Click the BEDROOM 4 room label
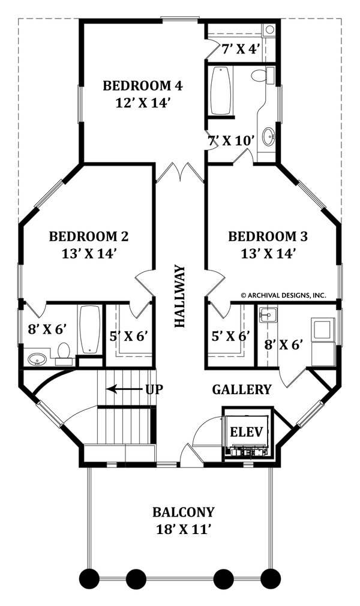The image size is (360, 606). point(142,85)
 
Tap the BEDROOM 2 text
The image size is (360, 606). point(88,236)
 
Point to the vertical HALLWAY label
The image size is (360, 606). point(180,296)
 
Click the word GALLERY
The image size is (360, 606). point(242,389)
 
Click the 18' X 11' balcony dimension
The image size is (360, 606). point(182,529)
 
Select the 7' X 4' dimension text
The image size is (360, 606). point(240,49)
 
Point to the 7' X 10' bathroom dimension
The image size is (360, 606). point(231,141)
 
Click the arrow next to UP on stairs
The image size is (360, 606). point(125,389)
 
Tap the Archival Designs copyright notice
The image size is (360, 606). point(283,295)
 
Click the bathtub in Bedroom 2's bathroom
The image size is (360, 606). point(90,329)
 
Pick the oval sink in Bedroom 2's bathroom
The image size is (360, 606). point(37,359)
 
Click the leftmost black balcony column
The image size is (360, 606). point(89,579)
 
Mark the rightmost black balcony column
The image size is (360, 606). point(271,579)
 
